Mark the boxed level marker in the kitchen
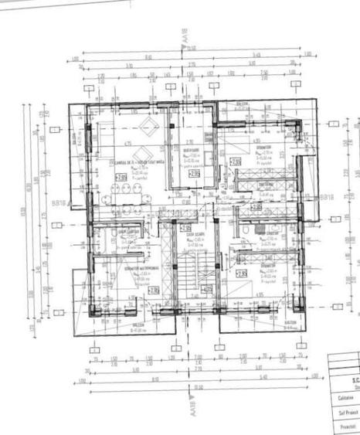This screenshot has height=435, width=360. click(x=194, y=174)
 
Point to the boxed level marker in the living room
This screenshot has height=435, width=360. click(x=121, y=177)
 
